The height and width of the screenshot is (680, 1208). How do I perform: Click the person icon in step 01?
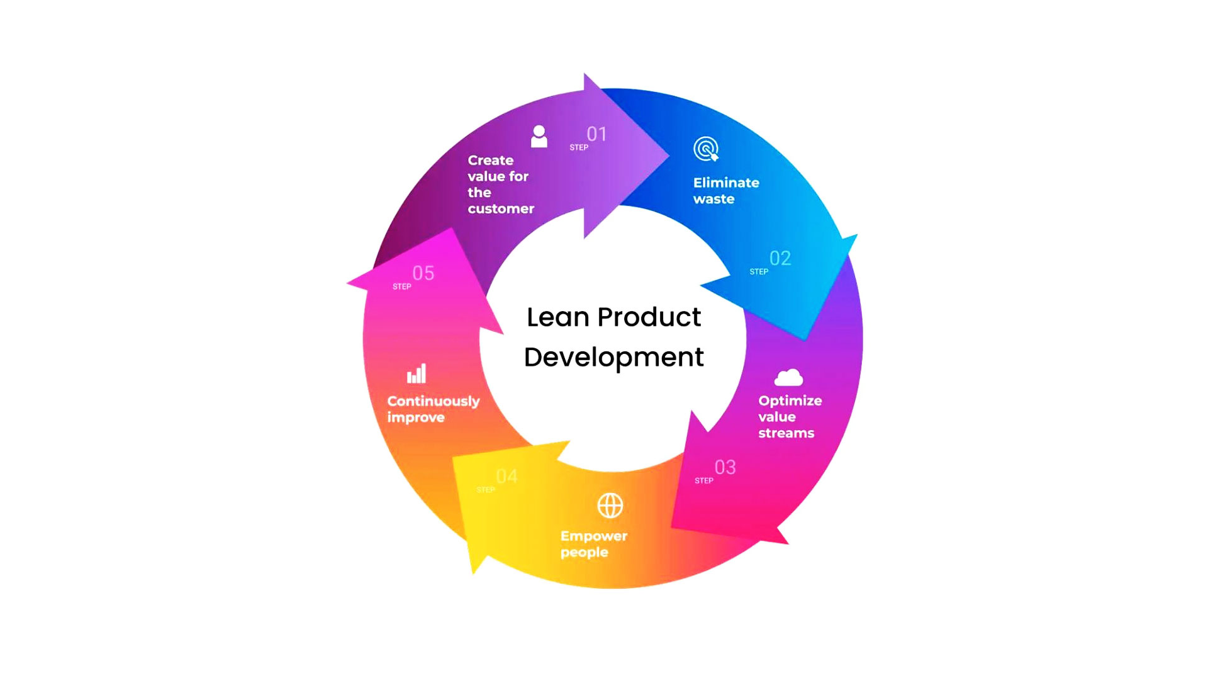[x=539, y=137]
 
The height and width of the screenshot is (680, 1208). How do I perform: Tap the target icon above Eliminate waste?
[x=706, y=149]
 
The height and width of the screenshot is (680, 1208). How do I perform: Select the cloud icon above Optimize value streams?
[x=788, y=377]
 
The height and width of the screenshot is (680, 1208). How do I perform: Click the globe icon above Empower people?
[x=610, y=505]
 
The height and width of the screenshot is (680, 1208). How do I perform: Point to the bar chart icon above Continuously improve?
[x=417, y=374]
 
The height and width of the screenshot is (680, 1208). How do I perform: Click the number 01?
[x=596, y=134]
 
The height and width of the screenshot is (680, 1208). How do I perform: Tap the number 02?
[x=780, y=258]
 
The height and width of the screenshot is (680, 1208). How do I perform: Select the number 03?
[x=725, y=467]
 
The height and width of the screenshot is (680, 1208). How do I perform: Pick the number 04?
[x=506, y=476]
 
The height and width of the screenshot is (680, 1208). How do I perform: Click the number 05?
[x=423, y=273]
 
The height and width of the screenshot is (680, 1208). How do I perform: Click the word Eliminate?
[x=726, y=183]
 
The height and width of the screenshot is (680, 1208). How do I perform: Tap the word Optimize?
[x=790, y=401]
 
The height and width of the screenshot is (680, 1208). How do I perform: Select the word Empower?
[x=593, y=536]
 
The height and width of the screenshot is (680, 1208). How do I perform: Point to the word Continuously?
[x=433, y=401]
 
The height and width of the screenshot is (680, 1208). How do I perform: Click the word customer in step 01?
[x=501, y=208]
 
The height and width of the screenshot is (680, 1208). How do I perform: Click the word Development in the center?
[x=613, y=358]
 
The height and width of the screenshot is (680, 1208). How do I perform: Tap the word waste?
[x=713, y=199]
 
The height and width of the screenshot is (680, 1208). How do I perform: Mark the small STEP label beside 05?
[x=401, y=286]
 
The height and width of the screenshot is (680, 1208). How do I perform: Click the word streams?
[x=786, y=433]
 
